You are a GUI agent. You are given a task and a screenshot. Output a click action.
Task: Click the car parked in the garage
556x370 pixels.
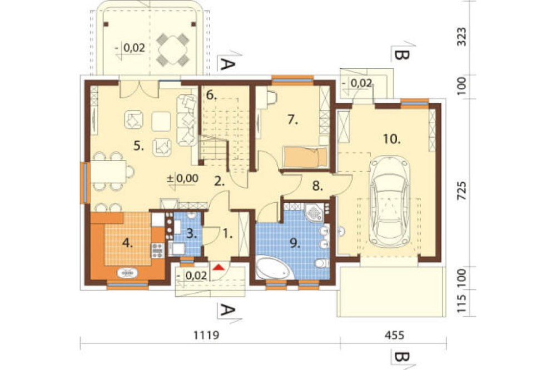pos(389,202)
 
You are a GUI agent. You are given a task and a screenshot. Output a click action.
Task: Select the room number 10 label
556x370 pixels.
pos(391,139)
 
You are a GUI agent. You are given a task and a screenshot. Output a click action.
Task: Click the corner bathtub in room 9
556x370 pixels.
pos(272,269)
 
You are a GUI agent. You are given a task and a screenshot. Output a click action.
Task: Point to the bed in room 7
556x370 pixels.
pos(305,157)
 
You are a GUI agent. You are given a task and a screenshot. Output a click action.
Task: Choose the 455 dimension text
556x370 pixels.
pos(394,334)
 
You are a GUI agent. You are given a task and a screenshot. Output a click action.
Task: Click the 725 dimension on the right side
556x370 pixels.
pos(461,191)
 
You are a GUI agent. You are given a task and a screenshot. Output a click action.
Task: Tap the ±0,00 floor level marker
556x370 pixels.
pos(182,178)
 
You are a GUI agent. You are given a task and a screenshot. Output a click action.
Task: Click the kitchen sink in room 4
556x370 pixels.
pos(128,273)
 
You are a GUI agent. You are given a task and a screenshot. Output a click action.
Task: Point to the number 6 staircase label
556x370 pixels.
pos(211,96)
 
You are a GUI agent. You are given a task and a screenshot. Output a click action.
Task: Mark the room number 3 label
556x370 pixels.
pos(191,233)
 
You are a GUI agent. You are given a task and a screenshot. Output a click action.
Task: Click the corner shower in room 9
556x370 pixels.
pos(314,212)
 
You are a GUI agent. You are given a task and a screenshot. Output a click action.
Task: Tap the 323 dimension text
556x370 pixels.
pos(461,37)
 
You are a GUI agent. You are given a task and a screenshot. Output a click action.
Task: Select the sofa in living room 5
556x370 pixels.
pos(187,120)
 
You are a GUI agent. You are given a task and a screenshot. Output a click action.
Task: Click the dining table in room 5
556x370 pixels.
pos(108,171)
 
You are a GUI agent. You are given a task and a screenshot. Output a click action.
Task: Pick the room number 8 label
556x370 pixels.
pos(317,187)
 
